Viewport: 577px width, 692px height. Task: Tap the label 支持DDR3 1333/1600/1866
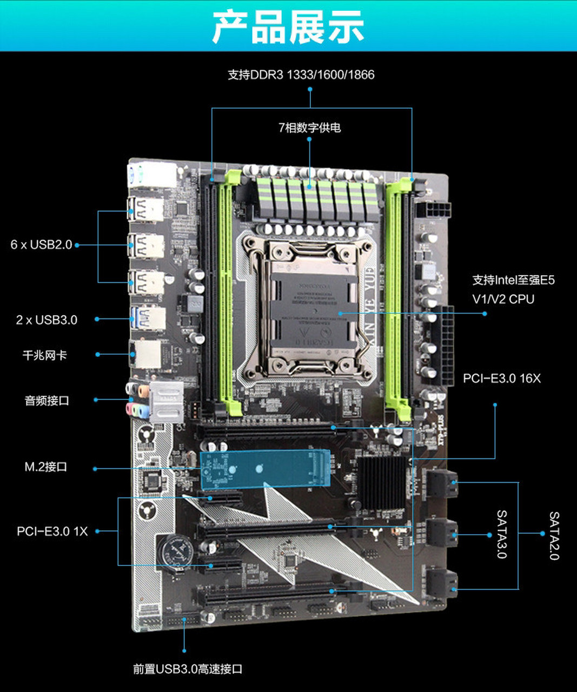301,75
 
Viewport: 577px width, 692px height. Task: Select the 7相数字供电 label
309,128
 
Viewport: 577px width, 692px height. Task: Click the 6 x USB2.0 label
41,244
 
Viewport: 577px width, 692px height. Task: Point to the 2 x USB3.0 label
47,320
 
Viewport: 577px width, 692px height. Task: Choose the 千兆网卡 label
45,355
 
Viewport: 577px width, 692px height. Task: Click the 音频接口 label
47,401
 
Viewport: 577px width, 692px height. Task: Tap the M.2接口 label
46,467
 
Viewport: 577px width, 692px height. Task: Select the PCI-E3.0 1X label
52,531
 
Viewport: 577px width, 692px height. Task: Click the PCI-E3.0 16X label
501,378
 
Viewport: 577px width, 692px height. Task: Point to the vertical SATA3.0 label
502,534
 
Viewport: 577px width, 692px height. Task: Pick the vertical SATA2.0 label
554,535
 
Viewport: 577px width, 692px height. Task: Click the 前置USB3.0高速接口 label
188,669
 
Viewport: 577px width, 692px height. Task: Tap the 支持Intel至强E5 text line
513,280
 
